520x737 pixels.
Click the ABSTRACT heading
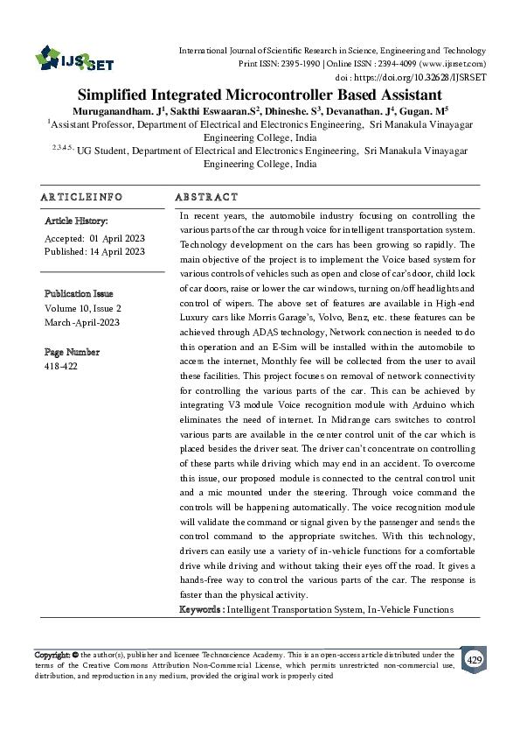[x=206, y=198]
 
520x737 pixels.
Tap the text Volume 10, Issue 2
[x=83, y=308]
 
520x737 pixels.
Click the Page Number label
[x=72, y=352]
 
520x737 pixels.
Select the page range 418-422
[x=61, y=367]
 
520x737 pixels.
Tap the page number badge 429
[x=474, y=659]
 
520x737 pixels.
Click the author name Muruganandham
[x=113, y=111]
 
